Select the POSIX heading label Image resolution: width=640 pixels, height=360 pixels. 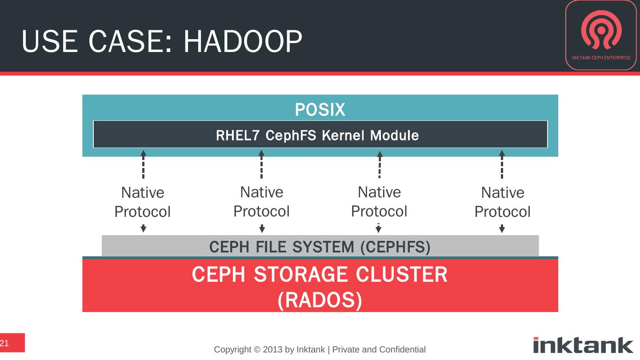coord(320,109)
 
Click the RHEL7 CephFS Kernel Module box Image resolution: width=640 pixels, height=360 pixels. coord(320,134)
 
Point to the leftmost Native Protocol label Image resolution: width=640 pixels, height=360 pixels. coord(143,202)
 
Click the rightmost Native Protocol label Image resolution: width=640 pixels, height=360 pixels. coord(502,202)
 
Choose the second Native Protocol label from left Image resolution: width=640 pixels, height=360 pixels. coord(262,201)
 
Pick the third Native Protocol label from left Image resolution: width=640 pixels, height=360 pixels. coord(379,201)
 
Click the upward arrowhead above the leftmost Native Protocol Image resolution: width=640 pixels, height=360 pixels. coord(143,154)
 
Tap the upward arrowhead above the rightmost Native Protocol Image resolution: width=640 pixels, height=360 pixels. coord(502,154)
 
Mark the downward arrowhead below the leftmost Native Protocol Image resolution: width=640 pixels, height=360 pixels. coord(143,229)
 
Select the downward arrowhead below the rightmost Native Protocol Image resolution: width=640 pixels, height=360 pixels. coord(502,229)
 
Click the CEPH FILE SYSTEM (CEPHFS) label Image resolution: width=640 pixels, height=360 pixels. coord(320,246)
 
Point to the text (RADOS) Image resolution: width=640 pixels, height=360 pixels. coord(320,301)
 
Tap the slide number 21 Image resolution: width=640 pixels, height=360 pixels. coord(5,343)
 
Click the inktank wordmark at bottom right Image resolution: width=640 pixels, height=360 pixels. coord(583,345)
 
